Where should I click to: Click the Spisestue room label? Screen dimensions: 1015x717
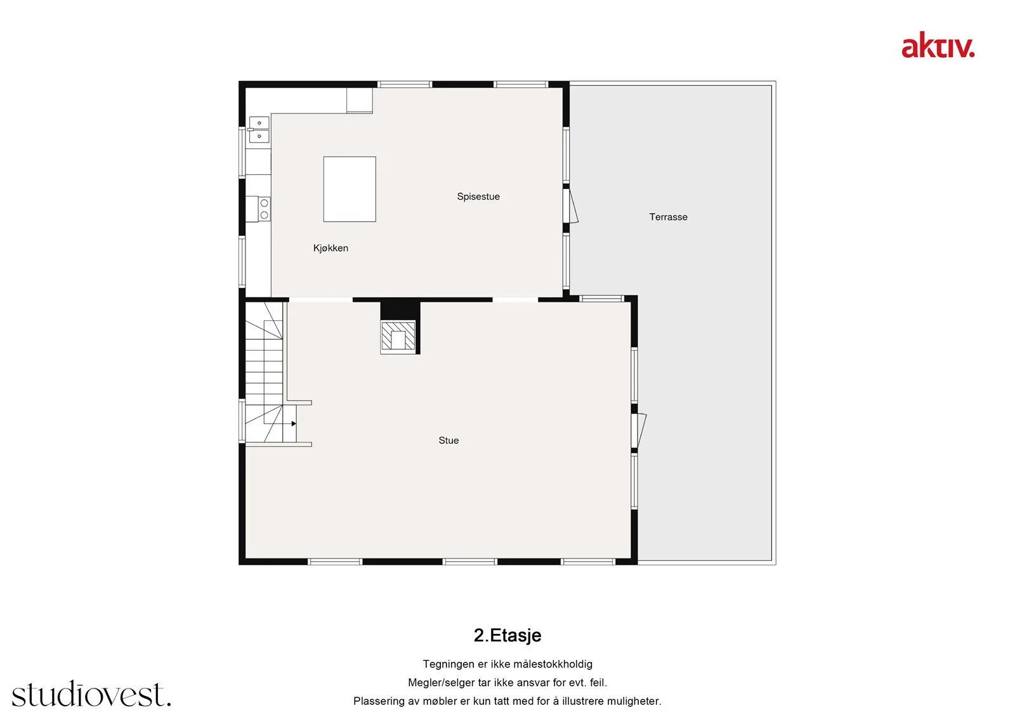pyautogui.click(x=478, y=197)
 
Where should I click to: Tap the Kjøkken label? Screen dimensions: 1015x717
pyautogui.click(x=331, y=249)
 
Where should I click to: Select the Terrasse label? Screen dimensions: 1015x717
pyautogui.click(x=668, y=217)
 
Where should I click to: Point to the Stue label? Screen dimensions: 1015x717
pyautogui.click(x=449, y=440)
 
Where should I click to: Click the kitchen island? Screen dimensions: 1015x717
pyautogui.click(x=350, y=190)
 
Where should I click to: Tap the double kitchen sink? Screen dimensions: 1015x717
pyautogui.click(x=259, y=129)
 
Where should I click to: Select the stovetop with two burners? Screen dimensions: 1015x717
pyautogui.click(x=264, y=209)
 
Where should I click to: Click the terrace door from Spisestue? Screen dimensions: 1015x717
pyautogui.click(x=571, y=206)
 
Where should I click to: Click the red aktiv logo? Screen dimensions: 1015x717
pyautogui.click(x=938, y=45)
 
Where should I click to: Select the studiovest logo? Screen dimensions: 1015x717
pyautogui.click(x=91, y=694)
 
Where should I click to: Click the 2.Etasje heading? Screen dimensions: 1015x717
pyautogui.click(x=507, y=635)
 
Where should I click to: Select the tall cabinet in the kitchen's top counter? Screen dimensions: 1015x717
pyautogui.click(x=359, y=100)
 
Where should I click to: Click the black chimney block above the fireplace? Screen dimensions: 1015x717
pyautogui.click(x=400, y=311)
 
